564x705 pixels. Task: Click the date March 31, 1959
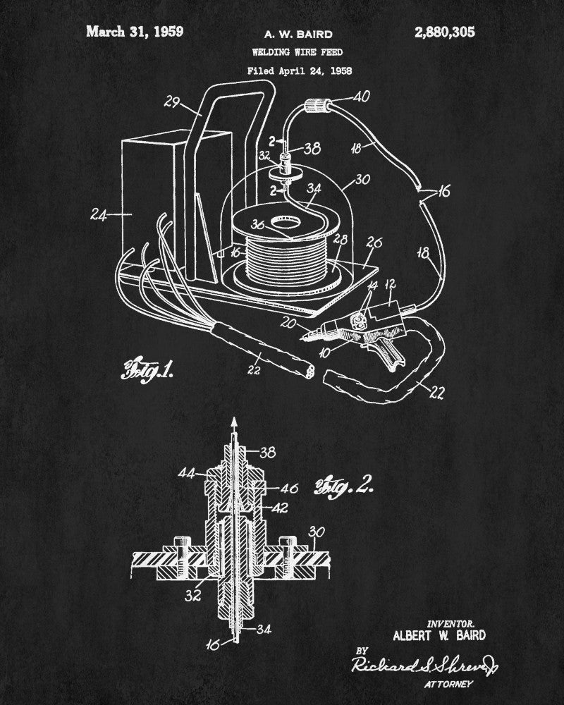tap(134, 31)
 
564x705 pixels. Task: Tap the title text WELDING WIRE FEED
tap(298, 51)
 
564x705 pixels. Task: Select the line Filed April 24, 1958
tap(299, 70)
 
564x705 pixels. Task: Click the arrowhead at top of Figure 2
tap(233, 424)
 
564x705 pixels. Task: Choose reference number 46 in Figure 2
tap(290, 487)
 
